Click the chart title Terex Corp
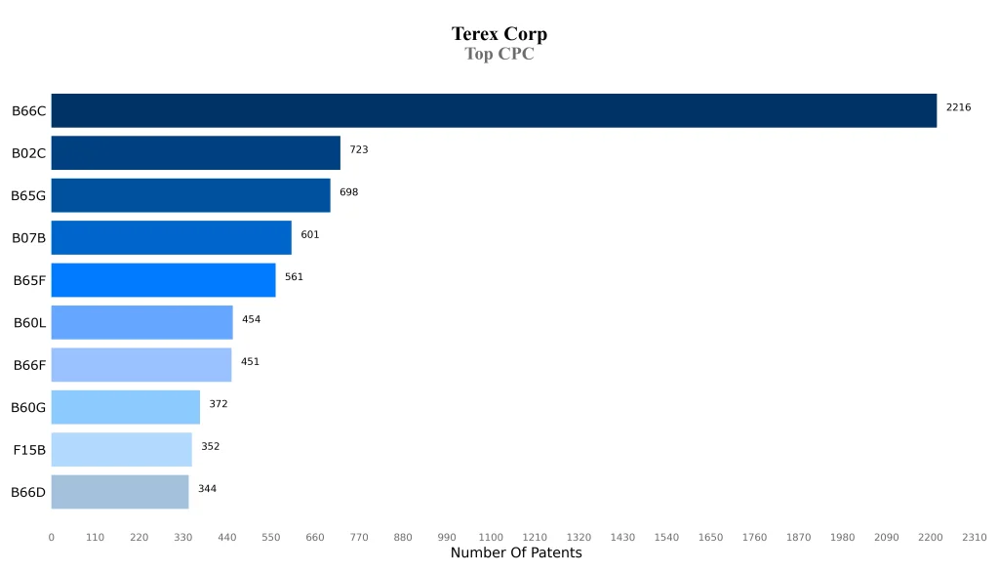(x=499, y=34)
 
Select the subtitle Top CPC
(x=499, y=55)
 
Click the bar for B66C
(x=494, y=110)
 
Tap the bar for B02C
(x=195, y=153)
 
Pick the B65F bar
(x=163, y=280)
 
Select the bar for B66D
(x=120, y=492)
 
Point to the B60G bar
(x=125, y=407)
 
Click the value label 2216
(x=958, y=107)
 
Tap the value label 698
(x=348, y=192)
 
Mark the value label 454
(x=251, y=319)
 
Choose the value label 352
(x=210, y=446)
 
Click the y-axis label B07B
(x=28, y=238)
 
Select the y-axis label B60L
(x=29, y=323)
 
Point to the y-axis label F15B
(x=29, y=450)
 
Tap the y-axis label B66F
(x=29, y=365)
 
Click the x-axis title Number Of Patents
(x=515, y=553)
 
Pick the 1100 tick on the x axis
(x=491, y=537)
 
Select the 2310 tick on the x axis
(x=974, y=537)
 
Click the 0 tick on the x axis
(x=52, y=537)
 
